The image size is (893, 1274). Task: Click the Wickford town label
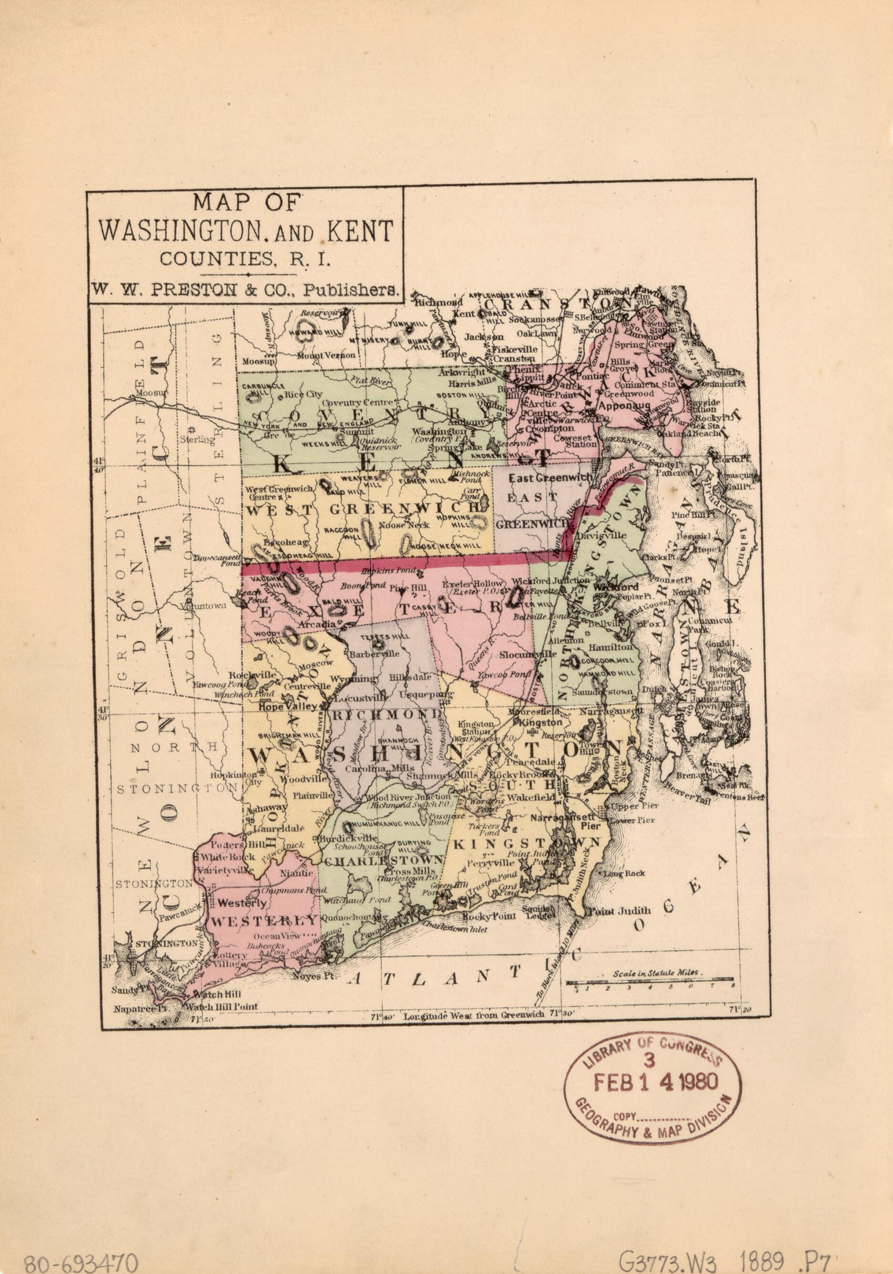(x=613, y=586)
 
